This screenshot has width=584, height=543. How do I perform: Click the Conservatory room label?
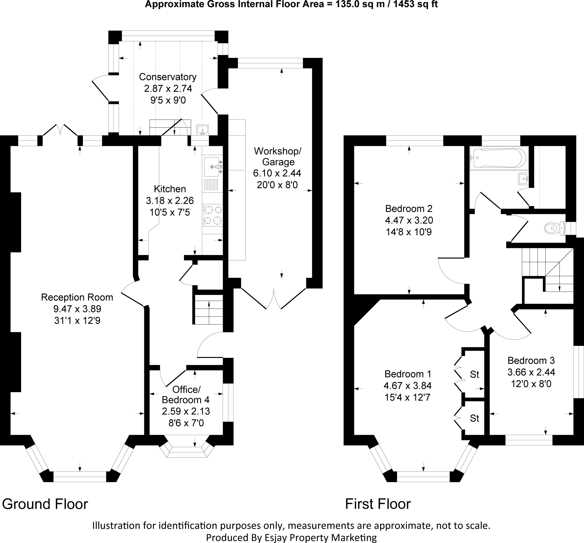[167, 77]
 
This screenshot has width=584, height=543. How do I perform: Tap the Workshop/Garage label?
[278, 156]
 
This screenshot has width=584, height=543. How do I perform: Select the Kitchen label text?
[170, 189]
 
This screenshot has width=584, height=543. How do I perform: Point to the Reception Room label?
[77, 297]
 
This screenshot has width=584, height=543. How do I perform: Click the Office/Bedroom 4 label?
[186, 395]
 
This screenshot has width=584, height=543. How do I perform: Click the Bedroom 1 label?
[408, 374]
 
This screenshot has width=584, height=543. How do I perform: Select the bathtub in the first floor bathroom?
[499, 158]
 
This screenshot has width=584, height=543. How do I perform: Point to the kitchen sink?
[212, 166]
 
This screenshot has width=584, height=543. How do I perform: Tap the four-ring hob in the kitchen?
[213, 215]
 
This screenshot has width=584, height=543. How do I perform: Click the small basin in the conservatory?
[202, 129]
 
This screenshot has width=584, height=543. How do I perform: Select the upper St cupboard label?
[474, 374]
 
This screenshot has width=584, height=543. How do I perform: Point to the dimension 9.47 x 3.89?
[77, 309]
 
